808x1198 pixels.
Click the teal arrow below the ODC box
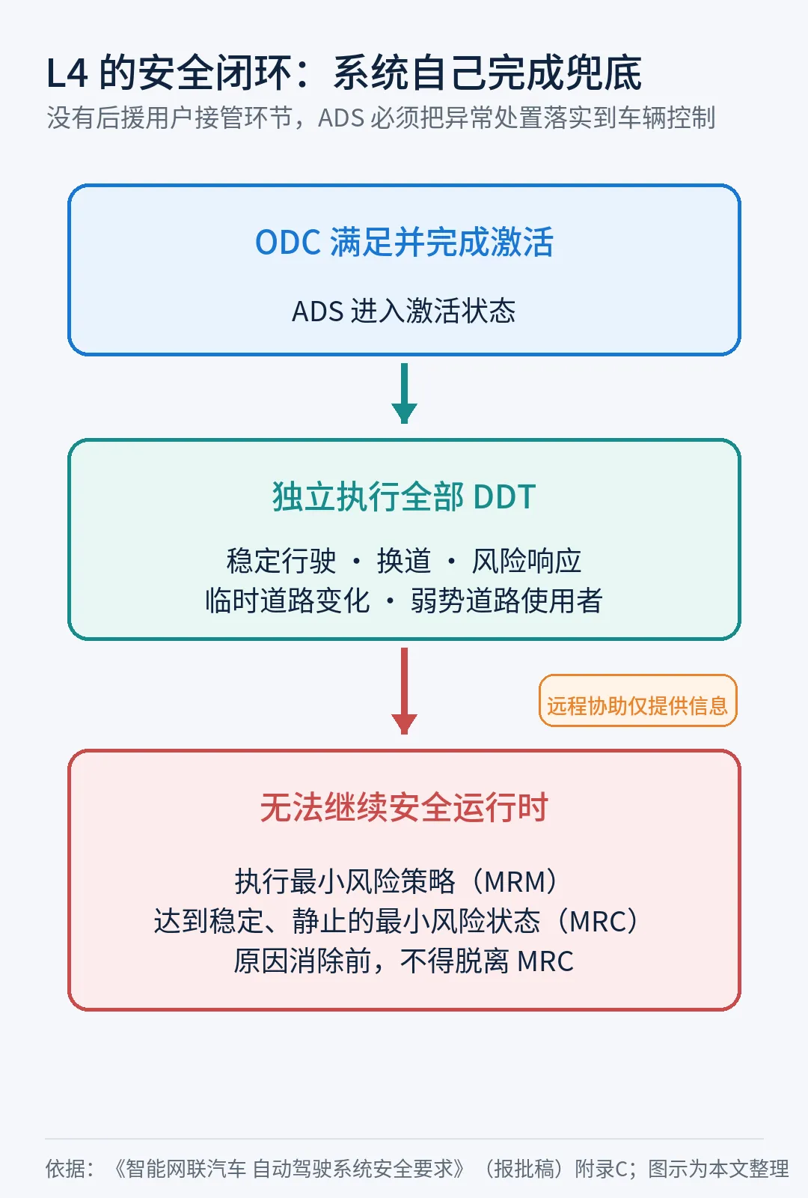click(404, 393)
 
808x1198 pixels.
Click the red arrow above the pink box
click(404, 690)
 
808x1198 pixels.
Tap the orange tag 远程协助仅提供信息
click(637, 701)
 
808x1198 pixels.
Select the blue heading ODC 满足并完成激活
click(404, 243)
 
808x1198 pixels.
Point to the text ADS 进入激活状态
click(403, 311)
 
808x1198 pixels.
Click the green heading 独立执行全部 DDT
click(404, 496)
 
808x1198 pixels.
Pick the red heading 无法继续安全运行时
click(404, 806)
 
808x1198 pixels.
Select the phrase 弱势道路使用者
click(506, 600)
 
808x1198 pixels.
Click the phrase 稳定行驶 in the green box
click(281, 561)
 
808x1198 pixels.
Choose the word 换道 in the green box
click(404, 561)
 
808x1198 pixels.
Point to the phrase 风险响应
click(527, 561)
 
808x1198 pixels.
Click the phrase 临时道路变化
click(287, 600)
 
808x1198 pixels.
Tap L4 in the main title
click(67, 73)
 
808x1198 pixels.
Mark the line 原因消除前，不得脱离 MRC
click(404, 961)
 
